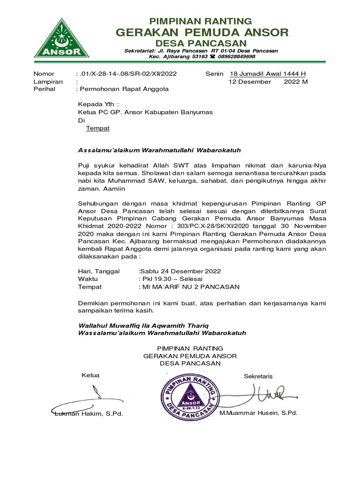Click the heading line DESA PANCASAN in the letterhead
[202, 43]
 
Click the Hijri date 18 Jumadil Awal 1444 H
[267, 74]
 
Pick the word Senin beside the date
[214, 74]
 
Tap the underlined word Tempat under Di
[97, 127]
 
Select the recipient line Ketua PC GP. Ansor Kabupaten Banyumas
[145, 112]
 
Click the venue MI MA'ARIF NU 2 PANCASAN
[189, 286]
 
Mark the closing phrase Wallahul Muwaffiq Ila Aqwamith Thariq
[143, 325]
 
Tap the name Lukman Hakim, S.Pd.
[89, 413]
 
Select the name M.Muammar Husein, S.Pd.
[258, 412]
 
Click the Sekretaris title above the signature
[258, 376]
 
